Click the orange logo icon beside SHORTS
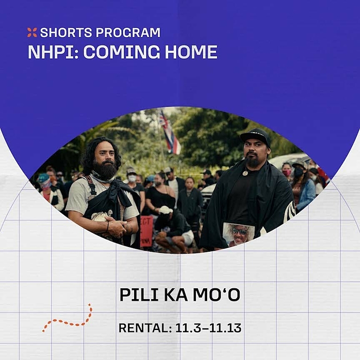[32, 32]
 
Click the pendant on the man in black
[245, 173]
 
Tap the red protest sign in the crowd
[146, 230]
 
